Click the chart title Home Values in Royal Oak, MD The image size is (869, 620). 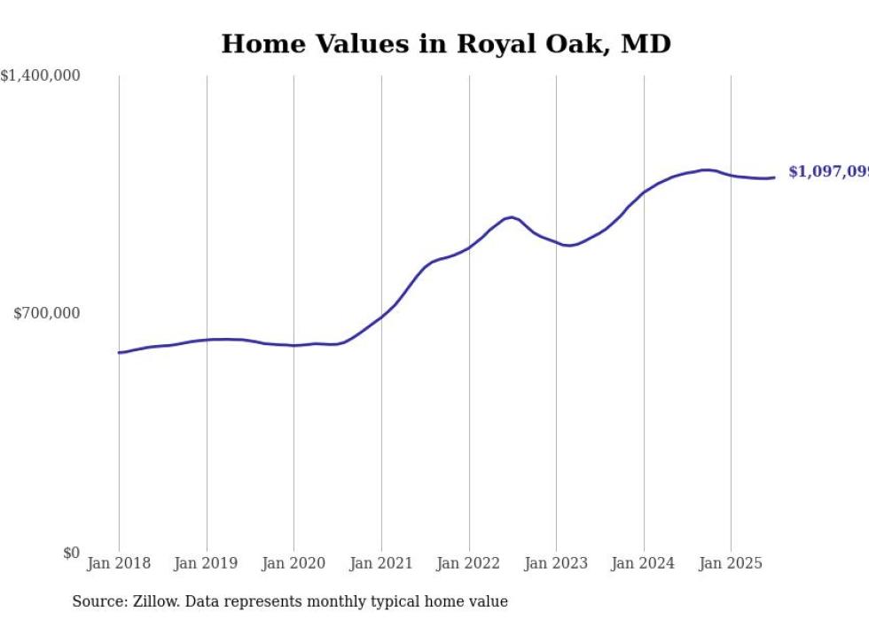pyautogui.click(x=445, y=43)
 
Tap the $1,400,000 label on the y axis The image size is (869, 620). pyautogui.click(x=40, y=76)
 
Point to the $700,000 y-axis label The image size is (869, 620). pyautogui.click(x=46, y=313)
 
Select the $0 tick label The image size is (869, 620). pyautogui.click(x=71, y=553)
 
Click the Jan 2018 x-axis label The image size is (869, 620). pyautogui.click(x=119, y=563)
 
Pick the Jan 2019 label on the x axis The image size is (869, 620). pyautogui.click(x=207, y=563)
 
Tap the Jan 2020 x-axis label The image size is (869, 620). pyautogui.click(x=294, y=563)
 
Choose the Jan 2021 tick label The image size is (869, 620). pyautogui.click(x=381, y=563)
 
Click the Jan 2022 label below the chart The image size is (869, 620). pyautogui.click(x=469, y=563)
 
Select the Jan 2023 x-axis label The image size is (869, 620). pyautogui.click(x=556, y=563)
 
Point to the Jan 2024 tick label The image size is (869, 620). pyautogui.click(x=644, y=563)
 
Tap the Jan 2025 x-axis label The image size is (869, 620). pyautogui.click(x=731, y=563)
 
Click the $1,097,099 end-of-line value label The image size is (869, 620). pyautogui.click(x=828, y=172)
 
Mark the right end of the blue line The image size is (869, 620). pyautogui.click(x=774, y=177)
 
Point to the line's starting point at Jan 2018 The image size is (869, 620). pyautogui.click(x=119, y=352)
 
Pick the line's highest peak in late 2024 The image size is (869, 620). pyautogui.click(x=706, y=169)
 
